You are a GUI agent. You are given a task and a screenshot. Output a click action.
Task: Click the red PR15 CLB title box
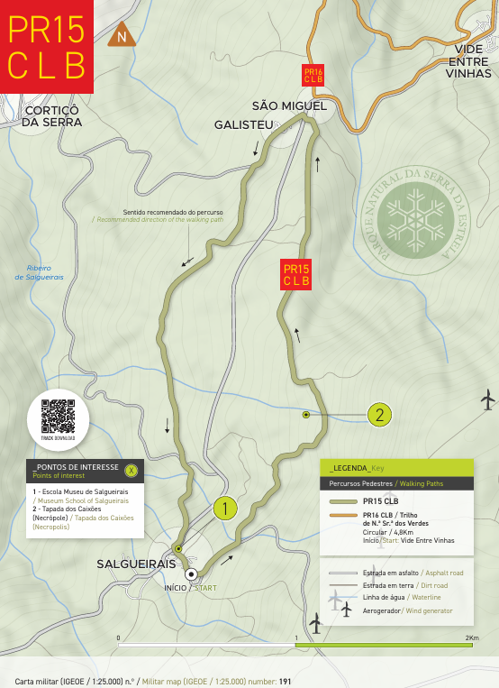pos(47,47)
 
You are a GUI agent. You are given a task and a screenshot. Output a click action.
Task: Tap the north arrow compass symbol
pos(120,37)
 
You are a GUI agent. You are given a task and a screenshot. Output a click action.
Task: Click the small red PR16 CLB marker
pos(313,75)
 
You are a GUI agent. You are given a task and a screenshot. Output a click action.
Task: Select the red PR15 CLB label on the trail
pos(296,274)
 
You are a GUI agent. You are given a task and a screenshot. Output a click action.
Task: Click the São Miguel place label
pos(288,106)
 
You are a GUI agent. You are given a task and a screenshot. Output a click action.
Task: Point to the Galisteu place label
pos(242,124)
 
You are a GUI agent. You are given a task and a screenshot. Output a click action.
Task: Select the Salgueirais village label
pos(136,563)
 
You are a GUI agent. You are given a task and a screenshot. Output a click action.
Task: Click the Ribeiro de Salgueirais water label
pos(38,273)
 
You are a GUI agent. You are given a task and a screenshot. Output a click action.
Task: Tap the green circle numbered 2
pos(379,415)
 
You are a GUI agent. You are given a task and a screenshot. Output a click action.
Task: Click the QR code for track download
pos(58,417)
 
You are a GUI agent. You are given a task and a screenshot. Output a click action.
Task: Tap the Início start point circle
pos(191,573)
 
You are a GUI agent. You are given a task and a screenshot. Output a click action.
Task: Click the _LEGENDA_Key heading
pos(358,467)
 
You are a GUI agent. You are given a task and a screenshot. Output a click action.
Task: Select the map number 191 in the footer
pos(285,681)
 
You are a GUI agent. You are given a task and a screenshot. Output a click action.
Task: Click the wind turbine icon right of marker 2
pos(488,398)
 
